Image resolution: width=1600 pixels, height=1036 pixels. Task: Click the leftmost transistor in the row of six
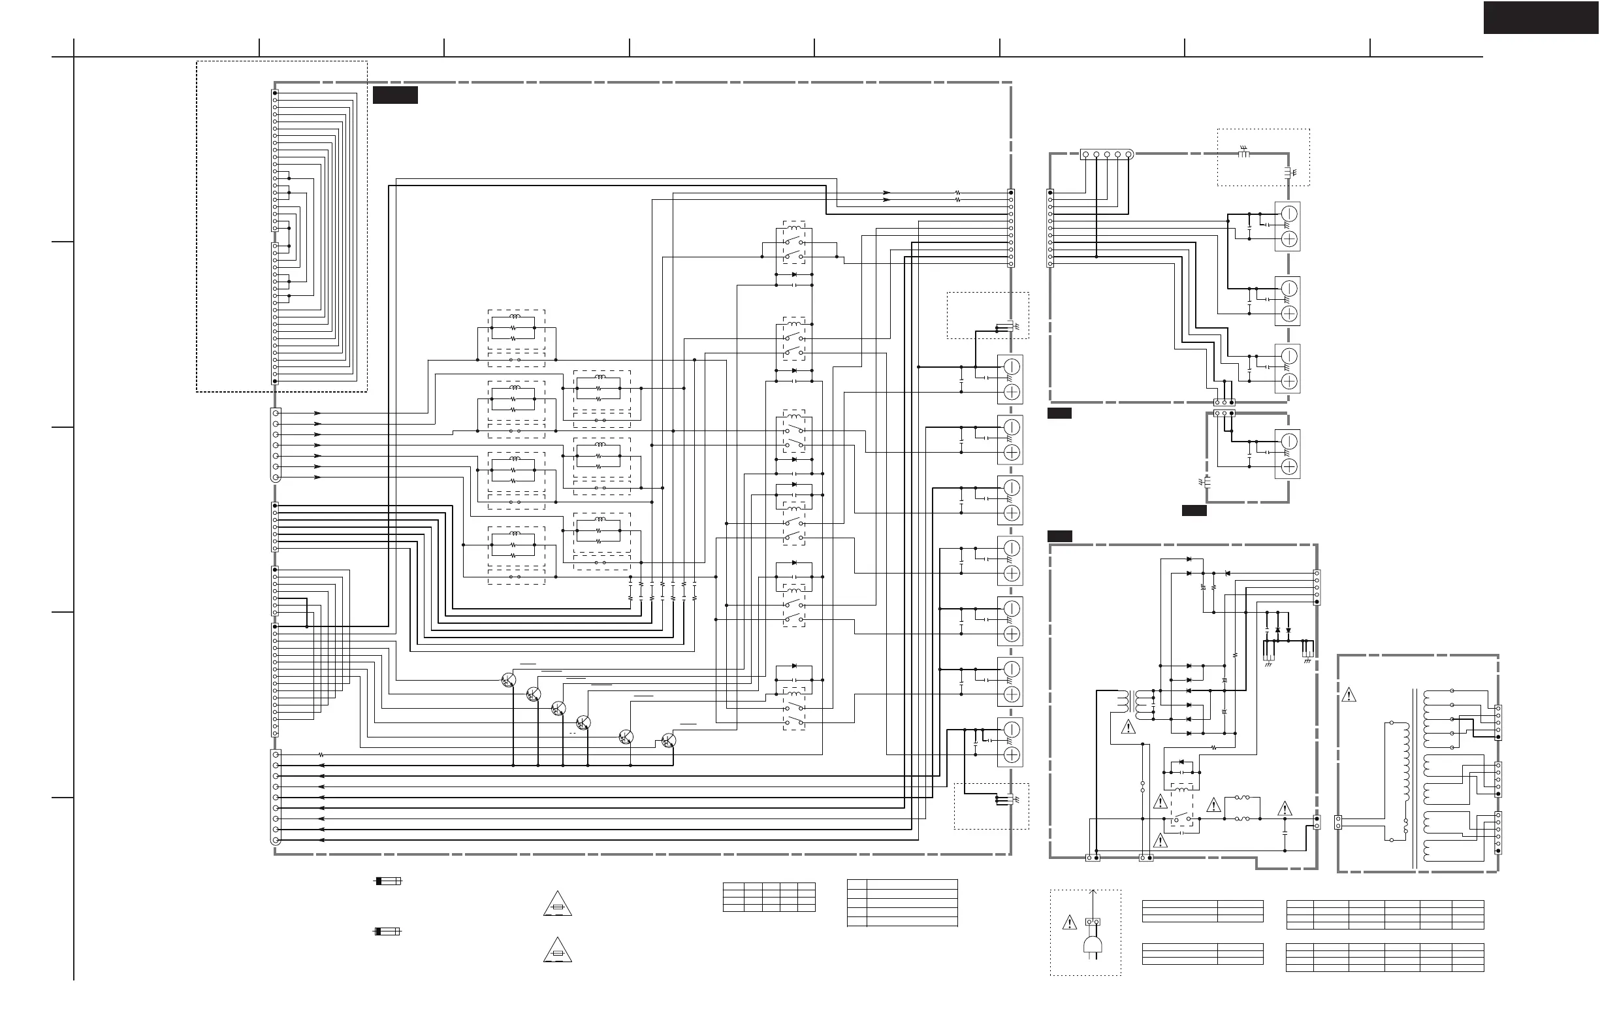(509, 681)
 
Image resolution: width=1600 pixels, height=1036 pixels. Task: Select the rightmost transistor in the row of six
(668, 741)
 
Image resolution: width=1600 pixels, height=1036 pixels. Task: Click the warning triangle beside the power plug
(1069, 923)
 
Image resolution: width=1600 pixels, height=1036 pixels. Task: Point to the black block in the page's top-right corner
(1540, 18)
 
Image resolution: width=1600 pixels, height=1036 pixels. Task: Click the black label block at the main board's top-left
(395, 95)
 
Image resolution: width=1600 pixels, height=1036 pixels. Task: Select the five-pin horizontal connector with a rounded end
(1106, 155)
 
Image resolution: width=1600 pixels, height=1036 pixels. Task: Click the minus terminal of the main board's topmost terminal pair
(1012, 366)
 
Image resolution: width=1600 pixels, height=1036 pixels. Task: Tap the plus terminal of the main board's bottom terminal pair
(1012, 754)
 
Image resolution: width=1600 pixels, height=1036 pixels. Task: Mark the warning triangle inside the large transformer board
(1349, 695)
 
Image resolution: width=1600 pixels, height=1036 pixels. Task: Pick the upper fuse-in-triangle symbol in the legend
(557, 905)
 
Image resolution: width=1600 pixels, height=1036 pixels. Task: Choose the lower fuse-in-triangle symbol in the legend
(557, 950)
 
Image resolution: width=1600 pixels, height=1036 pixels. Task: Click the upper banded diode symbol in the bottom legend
(388, 881)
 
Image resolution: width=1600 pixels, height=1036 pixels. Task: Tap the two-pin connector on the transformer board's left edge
(1338, 822)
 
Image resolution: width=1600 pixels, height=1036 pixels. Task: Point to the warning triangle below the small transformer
(1128, 728)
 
